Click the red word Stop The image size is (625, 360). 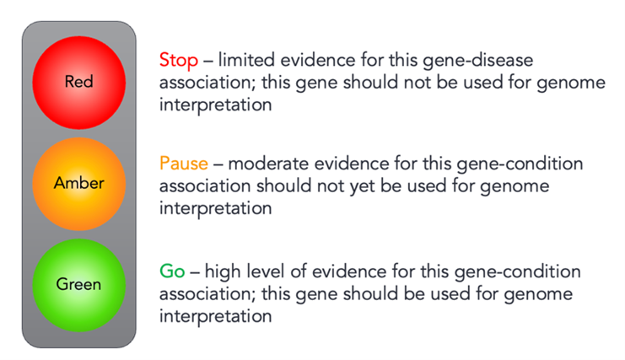coord(179,61)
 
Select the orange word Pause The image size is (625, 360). coord(184,164)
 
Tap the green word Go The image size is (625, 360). coord(172,271)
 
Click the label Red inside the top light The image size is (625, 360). coord(79,82)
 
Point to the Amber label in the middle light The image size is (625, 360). coord(79,183)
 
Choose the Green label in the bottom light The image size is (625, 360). coord(78,284)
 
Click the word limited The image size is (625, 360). coord(246,60)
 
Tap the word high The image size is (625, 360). coord(223,272)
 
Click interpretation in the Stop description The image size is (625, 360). coord(215,105)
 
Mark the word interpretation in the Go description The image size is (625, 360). coord(215,317)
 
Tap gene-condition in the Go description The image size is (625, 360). coord(517,272)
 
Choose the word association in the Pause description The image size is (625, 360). coord(205,185)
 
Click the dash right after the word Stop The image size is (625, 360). coord(208,62)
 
